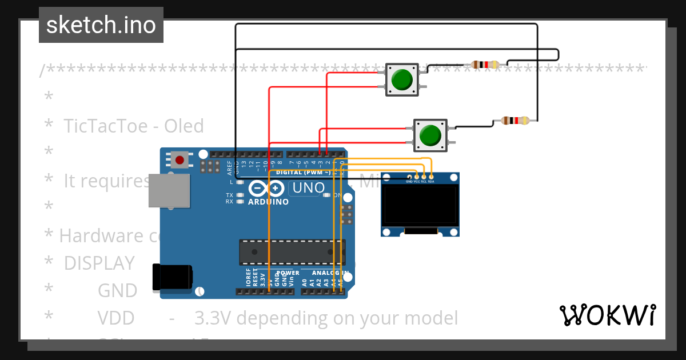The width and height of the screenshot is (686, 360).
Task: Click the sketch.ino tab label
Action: [101, 25]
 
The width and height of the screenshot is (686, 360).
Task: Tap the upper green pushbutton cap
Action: [402, 79]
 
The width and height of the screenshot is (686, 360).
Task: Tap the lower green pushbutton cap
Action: [430, 135]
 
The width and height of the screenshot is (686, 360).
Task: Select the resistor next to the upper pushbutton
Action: [485, 65]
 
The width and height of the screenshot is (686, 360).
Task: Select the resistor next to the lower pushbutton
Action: [514, 121]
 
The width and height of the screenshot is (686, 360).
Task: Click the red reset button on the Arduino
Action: [180, 160]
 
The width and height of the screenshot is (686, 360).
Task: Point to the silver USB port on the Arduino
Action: [169, 190]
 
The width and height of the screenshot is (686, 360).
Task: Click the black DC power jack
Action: [171, 278]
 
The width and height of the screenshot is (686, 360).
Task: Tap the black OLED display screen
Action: [420, 205]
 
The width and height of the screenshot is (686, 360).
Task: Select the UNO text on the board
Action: [309, 187]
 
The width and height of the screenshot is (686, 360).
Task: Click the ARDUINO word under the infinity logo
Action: [268, 202]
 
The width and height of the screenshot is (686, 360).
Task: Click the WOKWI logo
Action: [607, 315]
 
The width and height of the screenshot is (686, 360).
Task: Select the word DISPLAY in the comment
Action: [99, 263]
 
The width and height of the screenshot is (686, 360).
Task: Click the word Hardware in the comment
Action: [94, 235]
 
